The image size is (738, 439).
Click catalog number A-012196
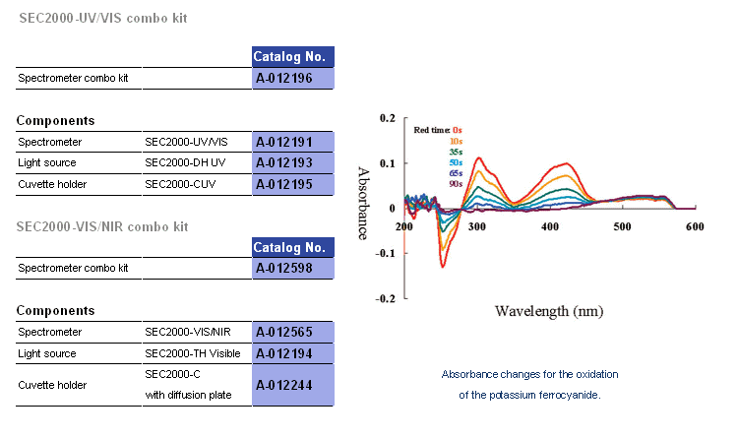[293, 78]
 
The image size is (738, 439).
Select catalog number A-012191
[293, 142]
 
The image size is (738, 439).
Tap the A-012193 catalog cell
[293, 162]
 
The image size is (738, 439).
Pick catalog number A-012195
[293, 184]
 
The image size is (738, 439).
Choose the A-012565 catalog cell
[293, 333]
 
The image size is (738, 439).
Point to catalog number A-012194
[293, 353]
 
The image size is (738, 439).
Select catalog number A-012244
[293, 386]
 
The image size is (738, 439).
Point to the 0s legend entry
[457, 130]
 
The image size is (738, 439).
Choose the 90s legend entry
[456, 183]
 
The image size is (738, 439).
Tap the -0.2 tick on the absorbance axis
[387, 297]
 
